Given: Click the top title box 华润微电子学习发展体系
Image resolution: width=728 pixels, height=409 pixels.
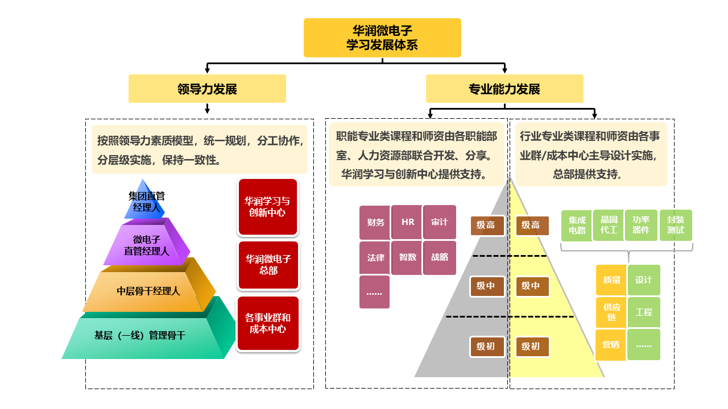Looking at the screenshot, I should point(382,37).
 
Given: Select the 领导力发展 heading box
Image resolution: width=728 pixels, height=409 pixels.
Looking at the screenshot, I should point(207,89).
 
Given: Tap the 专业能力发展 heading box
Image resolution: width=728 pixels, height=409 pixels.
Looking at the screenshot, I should point(504,89).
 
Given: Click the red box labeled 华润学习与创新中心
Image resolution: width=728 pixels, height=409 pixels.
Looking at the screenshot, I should point(268,207).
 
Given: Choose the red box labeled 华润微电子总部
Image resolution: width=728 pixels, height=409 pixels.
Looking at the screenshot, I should point(268,265).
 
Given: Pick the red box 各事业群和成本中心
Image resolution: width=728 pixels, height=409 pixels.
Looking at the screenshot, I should point(268,323).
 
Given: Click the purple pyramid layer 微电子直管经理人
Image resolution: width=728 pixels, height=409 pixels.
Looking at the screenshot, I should point(147,245).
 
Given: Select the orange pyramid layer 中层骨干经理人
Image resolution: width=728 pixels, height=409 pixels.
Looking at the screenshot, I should point(148,291).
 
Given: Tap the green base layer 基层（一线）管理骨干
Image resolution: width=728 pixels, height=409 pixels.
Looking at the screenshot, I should point(140,335).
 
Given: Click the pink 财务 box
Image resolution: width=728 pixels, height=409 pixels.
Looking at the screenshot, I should point(375,222).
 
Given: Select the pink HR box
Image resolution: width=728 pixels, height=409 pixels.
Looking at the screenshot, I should point(408,222).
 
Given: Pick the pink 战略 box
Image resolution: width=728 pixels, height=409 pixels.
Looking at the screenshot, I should point(440,257).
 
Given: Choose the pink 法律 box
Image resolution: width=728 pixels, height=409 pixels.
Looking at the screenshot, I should point(375,257).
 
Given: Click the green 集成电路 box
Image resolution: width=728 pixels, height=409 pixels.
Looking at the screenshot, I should point(577,226).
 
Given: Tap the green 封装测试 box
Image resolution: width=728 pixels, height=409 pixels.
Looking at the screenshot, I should point(676,226).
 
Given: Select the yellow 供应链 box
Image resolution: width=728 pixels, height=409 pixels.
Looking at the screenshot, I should point(611,312).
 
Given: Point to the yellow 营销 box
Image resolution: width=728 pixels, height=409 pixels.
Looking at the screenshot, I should point(611,344).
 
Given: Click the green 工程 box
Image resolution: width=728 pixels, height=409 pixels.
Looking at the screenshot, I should point(644,312).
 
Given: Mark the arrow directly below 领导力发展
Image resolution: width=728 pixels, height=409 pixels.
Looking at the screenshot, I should point(207,108).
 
